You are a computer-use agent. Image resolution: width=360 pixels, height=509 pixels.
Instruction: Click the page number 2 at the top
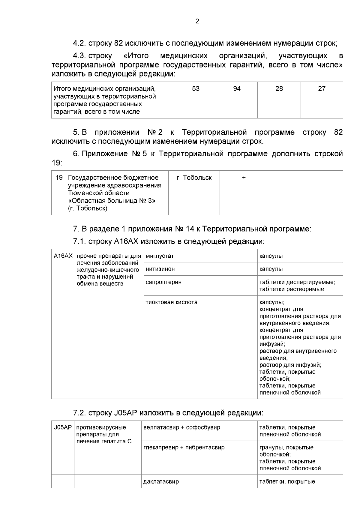197,21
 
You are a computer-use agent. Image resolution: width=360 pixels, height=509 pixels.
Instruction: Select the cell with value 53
196,89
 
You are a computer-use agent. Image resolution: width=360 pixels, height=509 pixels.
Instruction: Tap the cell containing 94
237,89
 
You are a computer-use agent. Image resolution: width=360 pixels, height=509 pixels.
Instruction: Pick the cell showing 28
279,89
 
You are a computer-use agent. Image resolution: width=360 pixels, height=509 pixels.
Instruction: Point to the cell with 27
322,89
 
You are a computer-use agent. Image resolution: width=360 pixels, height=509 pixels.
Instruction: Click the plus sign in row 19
244,178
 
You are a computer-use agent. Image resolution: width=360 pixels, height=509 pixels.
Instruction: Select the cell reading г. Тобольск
194,178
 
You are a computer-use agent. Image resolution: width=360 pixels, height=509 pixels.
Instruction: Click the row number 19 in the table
59,178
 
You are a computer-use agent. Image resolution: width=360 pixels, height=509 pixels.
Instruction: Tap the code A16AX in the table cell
63,256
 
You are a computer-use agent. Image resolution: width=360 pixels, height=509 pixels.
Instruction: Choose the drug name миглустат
160,256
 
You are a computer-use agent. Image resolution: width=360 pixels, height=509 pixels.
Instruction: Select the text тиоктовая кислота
172,302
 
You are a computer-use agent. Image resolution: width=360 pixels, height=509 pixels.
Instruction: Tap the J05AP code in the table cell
63,427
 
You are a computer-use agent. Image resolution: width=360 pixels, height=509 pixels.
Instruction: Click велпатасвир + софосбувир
182,427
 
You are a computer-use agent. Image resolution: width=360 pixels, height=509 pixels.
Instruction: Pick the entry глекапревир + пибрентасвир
184,448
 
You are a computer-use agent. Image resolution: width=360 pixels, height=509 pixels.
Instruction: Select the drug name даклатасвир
161,481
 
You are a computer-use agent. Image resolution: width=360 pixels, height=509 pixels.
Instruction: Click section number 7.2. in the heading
79,413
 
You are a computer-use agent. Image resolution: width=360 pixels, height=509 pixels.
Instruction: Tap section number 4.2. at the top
79,43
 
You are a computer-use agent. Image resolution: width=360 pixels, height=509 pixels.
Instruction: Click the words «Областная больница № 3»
112,201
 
